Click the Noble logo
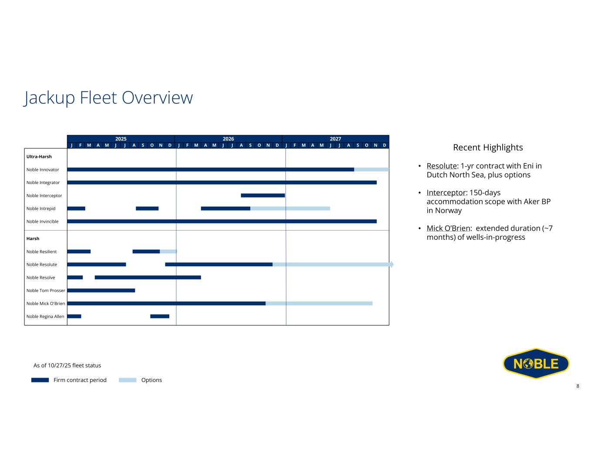point(536,363)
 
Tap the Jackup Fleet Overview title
point(108,97)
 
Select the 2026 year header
point(228,139)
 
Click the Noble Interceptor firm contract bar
point(263,195)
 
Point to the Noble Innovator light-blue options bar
point(371,169)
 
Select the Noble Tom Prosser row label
point(46,291)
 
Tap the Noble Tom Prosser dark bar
point(101,291)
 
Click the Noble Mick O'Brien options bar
point(319,303)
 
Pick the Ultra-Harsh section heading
point(39,157)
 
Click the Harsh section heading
point(33,238)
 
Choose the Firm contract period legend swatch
point(40,380)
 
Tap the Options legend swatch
point(128,380)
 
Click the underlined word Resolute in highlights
point(442,166)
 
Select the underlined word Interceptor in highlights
point(446,193)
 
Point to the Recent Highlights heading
point(488,147)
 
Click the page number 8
point(577,386)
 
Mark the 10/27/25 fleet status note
point(67,365)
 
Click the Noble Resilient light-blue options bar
point(168,251)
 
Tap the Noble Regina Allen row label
point(45,316)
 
